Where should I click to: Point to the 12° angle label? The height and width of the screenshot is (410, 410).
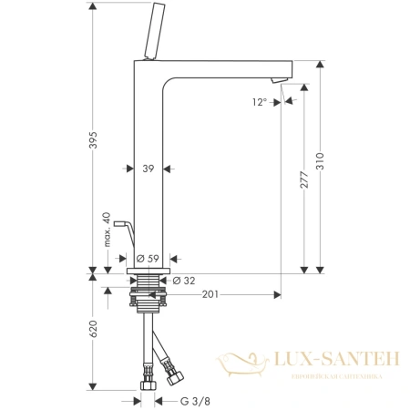pos(260,102)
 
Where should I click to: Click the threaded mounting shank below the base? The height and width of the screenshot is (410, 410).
pos(149,296)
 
